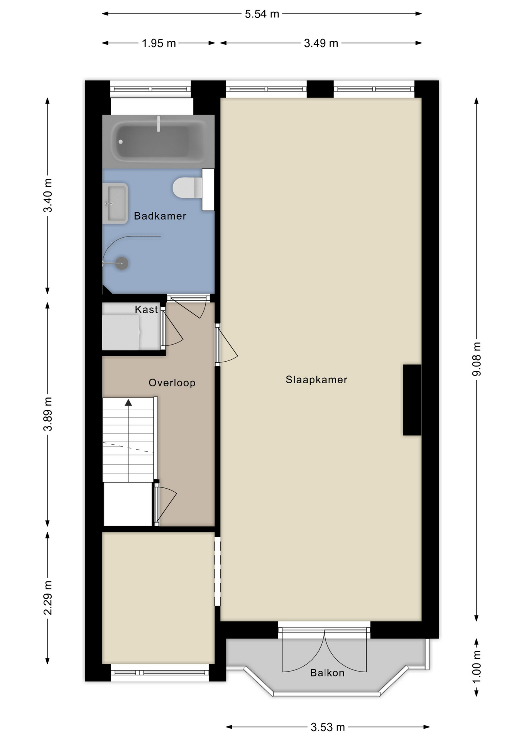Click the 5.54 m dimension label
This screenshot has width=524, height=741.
262,14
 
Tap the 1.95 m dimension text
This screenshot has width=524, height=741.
159,43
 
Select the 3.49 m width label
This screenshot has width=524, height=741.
321,43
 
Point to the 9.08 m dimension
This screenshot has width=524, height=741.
477,359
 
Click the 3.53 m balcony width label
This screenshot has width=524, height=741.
328,727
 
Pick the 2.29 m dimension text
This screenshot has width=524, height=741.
48,597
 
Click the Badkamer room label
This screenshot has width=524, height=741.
160,216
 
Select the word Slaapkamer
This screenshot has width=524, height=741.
316,380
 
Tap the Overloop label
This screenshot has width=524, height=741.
172,383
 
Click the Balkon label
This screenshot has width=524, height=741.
327,673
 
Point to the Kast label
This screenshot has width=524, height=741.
146,310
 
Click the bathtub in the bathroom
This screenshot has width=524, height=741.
158,141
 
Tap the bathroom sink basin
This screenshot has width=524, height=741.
115,203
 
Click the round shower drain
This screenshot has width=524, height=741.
122,263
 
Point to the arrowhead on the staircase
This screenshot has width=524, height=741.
128,403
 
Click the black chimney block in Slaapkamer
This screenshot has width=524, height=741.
412,400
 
